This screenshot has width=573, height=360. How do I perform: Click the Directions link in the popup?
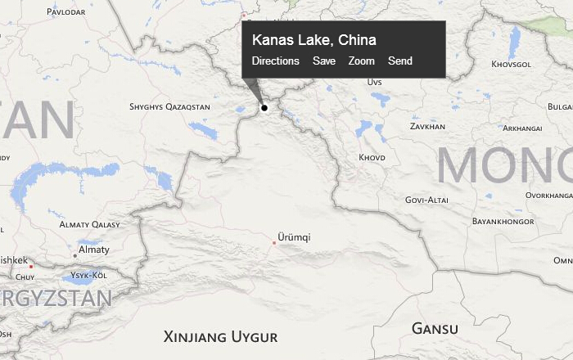click(275, 61)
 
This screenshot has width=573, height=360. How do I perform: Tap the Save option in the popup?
click(323, 61)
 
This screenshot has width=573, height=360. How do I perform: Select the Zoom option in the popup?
click(361, 61)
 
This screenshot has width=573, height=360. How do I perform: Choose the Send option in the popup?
click(400, 61)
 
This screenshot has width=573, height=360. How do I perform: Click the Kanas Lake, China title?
click(314, 40)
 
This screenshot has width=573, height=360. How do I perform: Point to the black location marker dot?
click(264, 107)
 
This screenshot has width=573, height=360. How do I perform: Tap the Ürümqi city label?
click(294, 237)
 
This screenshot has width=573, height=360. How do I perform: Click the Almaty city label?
click(93, 250)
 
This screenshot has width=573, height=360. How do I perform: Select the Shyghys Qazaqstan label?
click(169, 107)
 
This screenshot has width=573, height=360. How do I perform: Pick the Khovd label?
click(372, 157)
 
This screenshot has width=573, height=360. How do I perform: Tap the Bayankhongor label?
click(503, 221)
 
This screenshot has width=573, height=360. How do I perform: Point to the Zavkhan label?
click(427, 127)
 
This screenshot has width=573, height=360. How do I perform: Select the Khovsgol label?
click(511, 64)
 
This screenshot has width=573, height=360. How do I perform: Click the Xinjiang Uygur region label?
click(220, 336)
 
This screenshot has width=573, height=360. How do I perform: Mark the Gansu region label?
click(434, 329)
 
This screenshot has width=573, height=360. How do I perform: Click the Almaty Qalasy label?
click(89, 224)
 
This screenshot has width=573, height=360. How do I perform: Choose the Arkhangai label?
click(522, 128)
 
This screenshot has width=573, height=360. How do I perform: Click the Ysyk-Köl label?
click(89, 275)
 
